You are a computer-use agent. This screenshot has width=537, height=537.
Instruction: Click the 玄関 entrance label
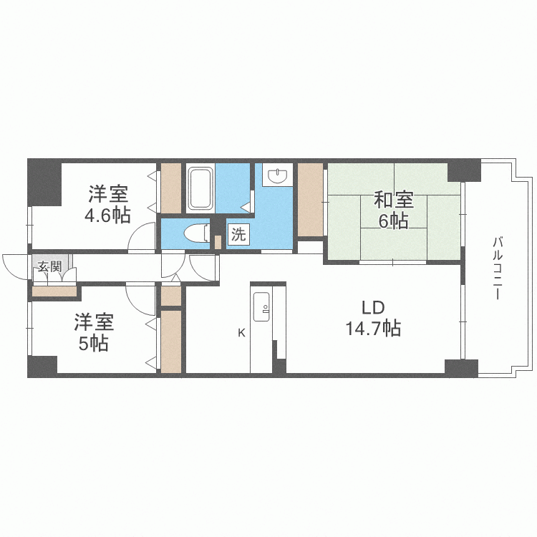pyautogui.click(x=49, y=267)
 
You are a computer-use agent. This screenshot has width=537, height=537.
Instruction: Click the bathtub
pyautogui.click(x=199, y=188)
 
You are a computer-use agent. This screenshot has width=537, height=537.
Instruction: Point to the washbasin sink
pyautogui.click(x=276, y=175)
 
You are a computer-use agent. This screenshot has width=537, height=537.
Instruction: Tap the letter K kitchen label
pyautogui.click(x=242, y=332)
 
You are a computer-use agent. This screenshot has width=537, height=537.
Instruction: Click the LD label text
pyautogui.click(x=373, y=308)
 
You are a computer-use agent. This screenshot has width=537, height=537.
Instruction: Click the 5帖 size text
pyautogui.click(x=93, y=344)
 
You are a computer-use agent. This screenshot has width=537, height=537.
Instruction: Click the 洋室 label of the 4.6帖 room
pyautogui.click(x=109, y=193)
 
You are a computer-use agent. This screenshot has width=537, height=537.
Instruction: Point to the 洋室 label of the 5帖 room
pyautogui.click(x=94, y=322)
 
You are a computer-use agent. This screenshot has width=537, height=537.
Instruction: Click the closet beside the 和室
pyautogui.click(x=310, y=199)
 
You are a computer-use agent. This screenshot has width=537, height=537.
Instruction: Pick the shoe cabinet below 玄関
pyautogui.click(x=54, y=291)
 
